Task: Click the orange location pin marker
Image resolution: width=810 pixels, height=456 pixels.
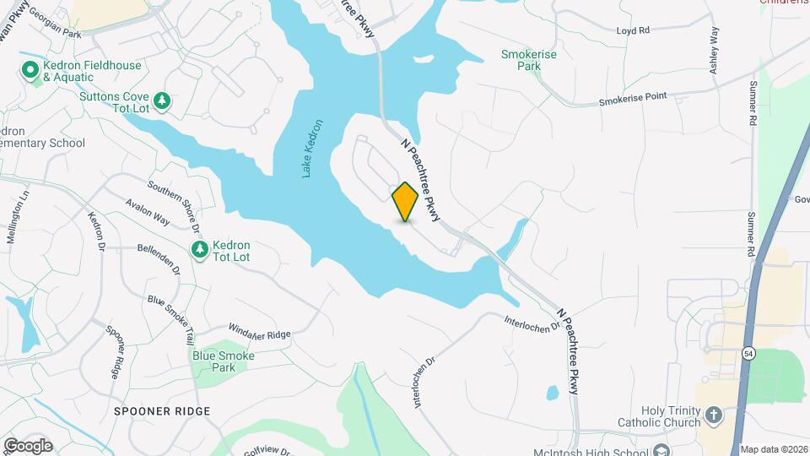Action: pos(405,201)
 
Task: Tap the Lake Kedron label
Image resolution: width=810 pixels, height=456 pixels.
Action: pos(308,148)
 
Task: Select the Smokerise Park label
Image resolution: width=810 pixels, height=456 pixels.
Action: pos(521,59)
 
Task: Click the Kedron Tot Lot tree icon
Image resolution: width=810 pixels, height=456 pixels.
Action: pos(200,249)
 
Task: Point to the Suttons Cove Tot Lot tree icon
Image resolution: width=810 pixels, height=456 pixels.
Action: pos(164,101)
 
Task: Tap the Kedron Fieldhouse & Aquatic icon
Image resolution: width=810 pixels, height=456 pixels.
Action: pos(30,70)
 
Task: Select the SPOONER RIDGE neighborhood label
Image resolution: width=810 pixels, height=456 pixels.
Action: pos(161,410)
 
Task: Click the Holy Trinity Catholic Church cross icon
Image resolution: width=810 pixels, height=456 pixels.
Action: pos(714,415)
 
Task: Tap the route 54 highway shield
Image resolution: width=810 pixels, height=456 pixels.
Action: pos(748,352)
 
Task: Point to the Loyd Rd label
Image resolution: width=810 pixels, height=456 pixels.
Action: pos(633,30)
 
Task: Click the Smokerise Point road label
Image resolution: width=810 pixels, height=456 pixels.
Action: pos(633,100)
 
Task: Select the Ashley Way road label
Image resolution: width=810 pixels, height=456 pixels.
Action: pos(715,51)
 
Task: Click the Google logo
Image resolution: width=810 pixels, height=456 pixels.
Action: pos(28,445)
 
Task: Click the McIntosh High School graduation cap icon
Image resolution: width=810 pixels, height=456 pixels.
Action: pos(662,450)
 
